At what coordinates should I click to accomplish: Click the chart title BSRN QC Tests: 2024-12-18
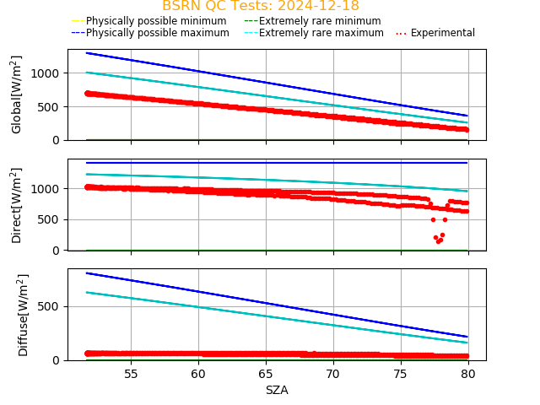260,6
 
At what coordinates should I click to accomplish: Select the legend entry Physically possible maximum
157,33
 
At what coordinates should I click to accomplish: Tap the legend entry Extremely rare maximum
321,33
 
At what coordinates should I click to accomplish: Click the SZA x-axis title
277,390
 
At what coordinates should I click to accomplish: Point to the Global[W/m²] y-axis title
17,94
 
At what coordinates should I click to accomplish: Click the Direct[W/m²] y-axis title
17,205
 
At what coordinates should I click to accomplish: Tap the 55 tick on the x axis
131,374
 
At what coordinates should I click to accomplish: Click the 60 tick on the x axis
198,374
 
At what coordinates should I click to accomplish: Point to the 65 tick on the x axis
266,374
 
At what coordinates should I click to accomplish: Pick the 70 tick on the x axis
333,374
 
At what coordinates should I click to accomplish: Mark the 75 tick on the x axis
401,374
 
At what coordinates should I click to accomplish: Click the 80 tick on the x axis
468,374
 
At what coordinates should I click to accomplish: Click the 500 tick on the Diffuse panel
52,306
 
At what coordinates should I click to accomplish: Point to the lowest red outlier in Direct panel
438,241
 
